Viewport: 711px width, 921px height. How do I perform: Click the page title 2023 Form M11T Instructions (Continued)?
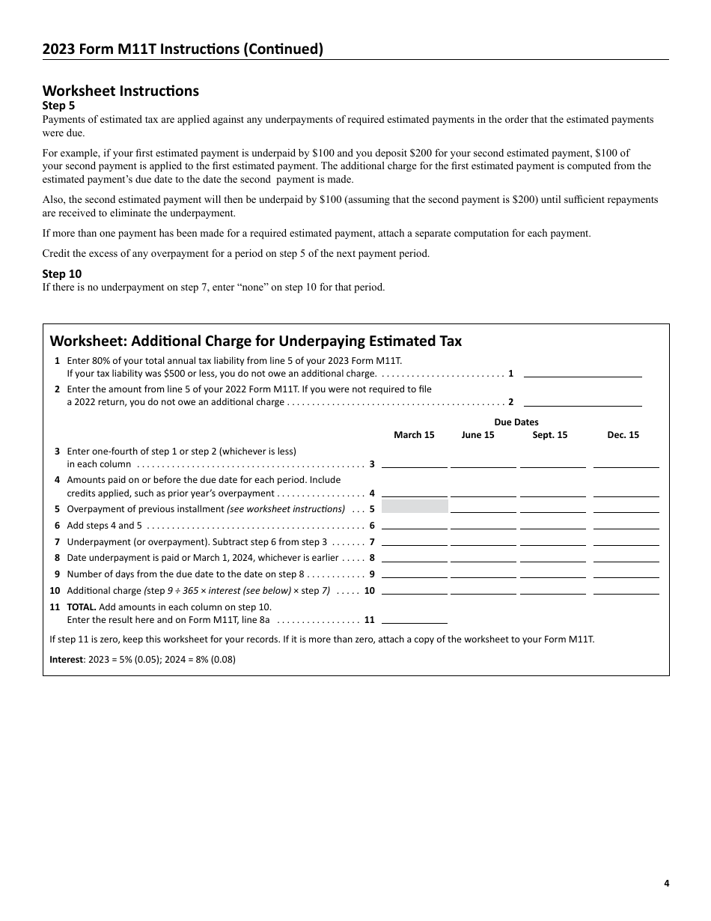point(183,49)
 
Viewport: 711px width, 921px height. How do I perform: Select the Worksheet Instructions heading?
point(120,91)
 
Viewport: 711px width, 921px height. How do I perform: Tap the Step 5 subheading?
point(58,106)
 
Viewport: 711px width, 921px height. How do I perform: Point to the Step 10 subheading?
point(62,274)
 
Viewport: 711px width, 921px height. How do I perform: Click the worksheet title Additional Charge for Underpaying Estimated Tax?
point(255,341)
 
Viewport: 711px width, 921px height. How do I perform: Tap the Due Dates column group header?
point(516,422)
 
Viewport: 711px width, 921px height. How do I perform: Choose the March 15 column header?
point(414,435)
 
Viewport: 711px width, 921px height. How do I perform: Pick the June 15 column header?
point(477,435)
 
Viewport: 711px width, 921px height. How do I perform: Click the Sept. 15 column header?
point(549,435)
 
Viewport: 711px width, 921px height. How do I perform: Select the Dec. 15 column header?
point(623,435)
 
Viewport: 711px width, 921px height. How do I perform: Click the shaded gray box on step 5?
point(415,507)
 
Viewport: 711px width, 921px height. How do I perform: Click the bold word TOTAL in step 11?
point(81,607)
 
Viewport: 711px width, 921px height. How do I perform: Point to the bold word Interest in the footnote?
point(66,660)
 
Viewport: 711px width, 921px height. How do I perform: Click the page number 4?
point(666,883)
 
